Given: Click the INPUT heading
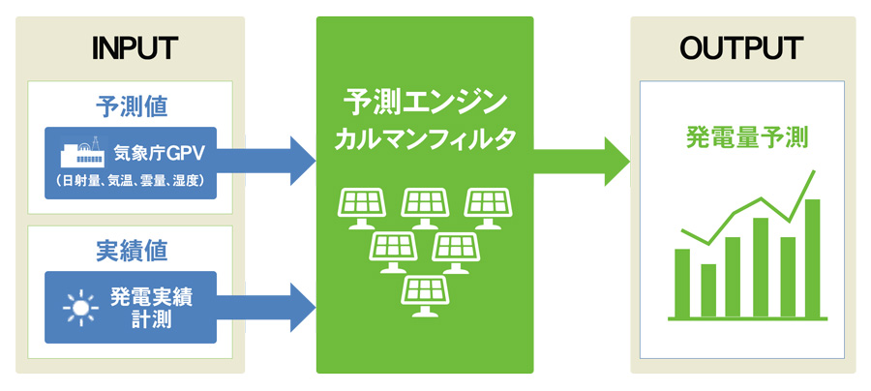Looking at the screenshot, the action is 135,48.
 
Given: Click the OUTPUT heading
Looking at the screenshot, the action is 741,48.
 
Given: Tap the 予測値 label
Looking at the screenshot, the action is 133,107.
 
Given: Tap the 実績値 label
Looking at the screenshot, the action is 133,253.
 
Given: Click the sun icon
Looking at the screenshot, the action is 80,307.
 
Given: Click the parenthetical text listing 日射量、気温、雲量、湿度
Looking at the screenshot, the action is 131,182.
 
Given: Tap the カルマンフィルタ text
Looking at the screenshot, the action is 425,138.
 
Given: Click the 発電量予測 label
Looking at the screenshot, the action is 746,137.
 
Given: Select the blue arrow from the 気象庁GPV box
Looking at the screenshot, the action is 265,160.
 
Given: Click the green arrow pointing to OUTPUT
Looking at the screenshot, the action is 581,161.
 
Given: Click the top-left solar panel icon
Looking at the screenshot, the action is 362,208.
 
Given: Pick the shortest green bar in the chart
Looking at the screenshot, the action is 708,290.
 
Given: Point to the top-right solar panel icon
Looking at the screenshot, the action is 487,208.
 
